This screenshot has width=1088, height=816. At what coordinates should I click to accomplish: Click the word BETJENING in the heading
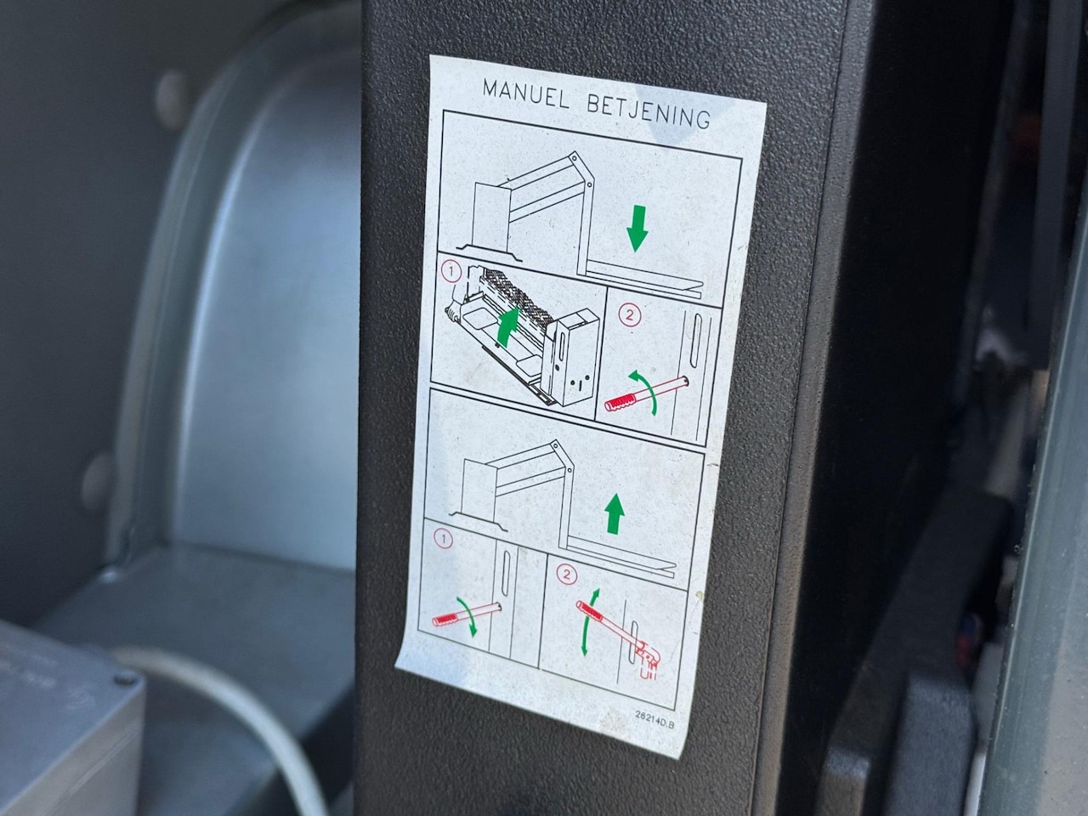(x=649, y=112)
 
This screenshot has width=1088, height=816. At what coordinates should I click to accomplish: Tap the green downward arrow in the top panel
(x=637, y=229)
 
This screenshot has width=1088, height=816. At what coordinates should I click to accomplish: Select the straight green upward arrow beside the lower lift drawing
(x=615, y=515)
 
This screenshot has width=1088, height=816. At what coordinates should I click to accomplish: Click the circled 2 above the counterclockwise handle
(x=630, y=315)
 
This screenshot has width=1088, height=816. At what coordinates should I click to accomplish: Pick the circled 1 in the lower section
(x=443, y=540)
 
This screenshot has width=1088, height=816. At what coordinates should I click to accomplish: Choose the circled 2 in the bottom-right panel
(x=567, y=575)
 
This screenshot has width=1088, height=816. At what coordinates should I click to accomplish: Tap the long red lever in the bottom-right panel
(x=614, y=631)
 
